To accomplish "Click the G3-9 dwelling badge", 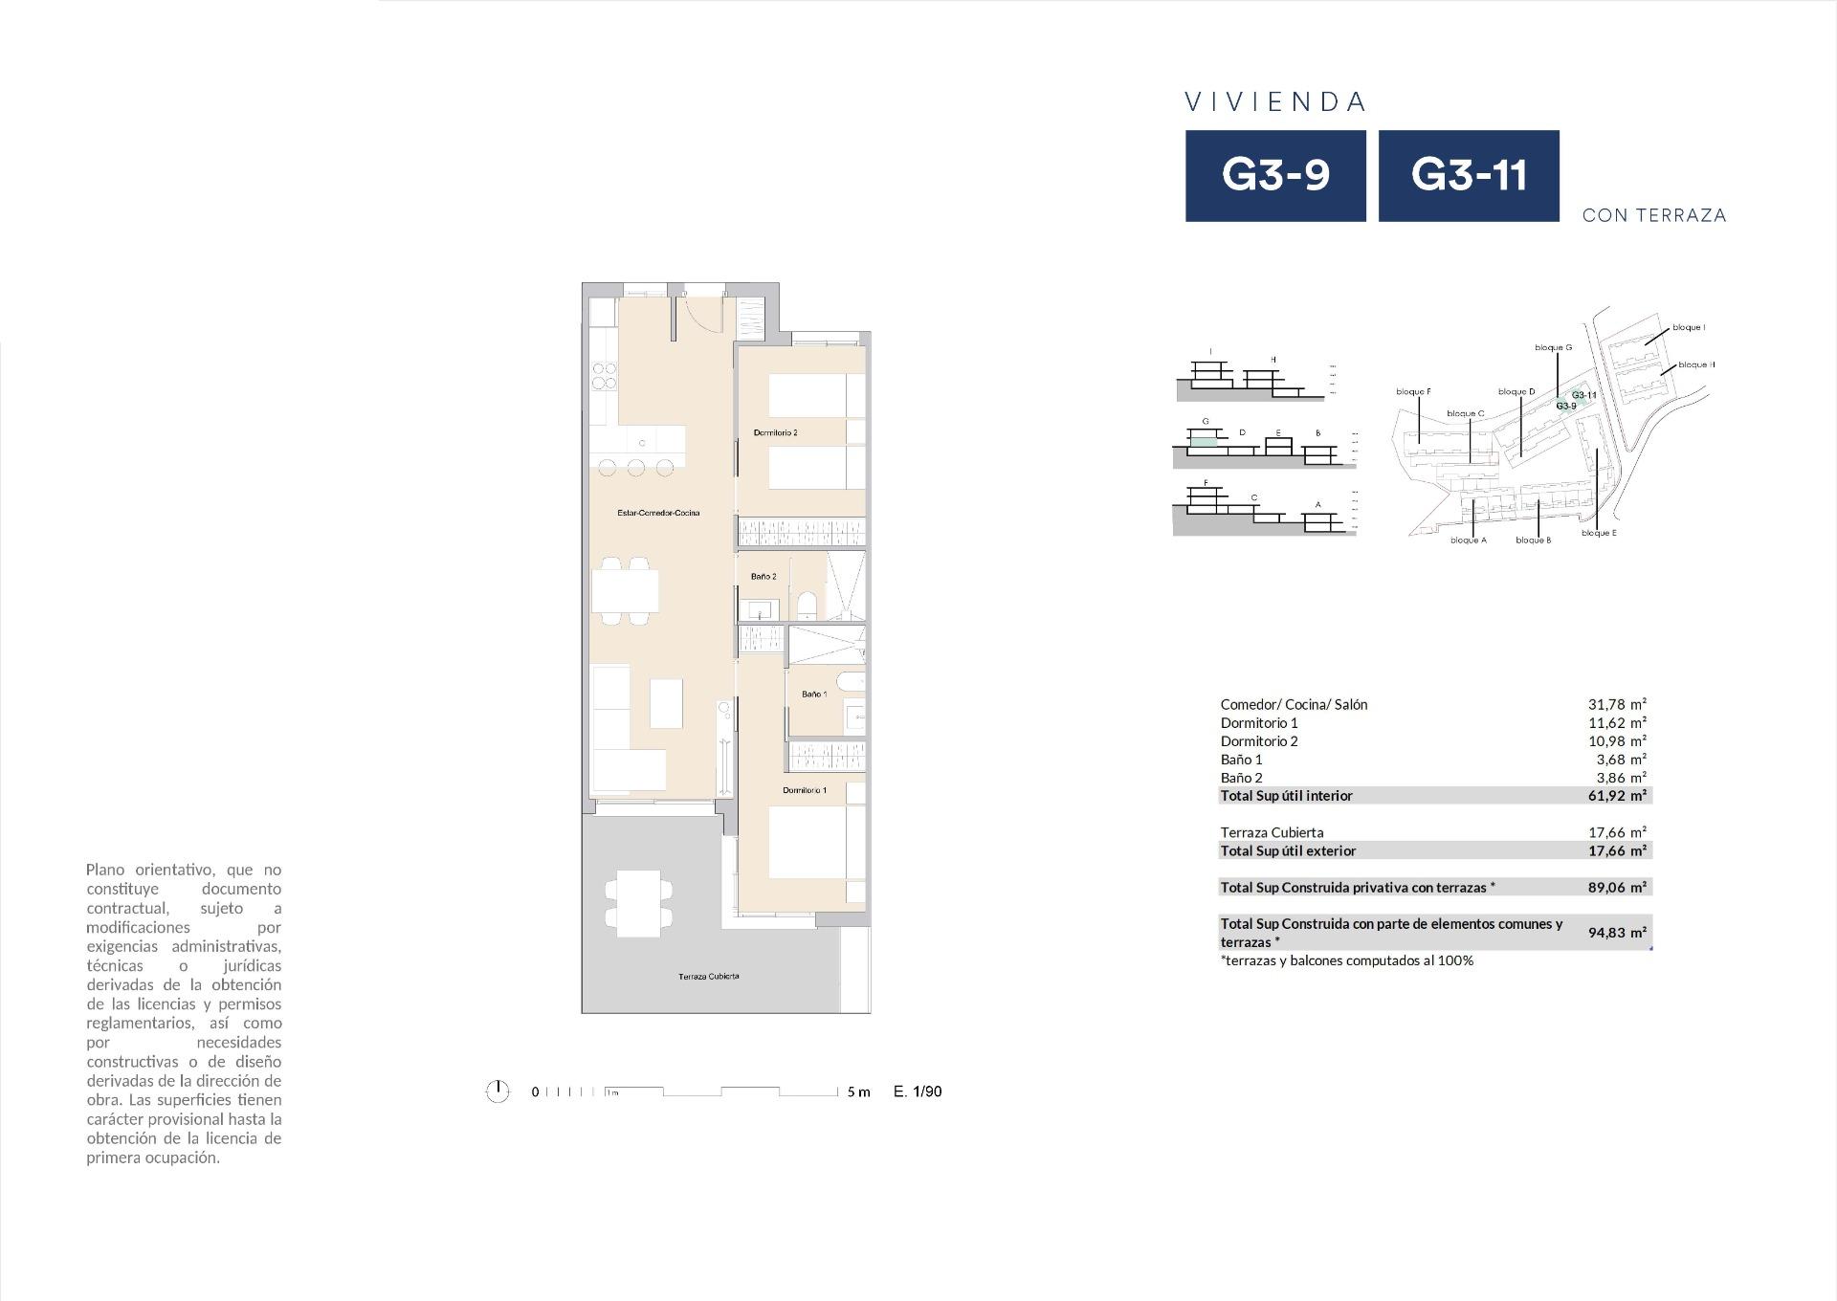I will point(1275,176).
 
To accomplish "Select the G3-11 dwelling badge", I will point(1469,176).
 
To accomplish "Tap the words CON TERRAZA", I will point(1654,215).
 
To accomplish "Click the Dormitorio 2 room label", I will point(775,432).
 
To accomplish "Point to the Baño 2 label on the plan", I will point(764,577).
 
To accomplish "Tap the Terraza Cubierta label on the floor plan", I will point(708,977).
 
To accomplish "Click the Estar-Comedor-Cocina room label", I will point(658,514).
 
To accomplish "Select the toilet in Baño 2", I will point(807,606).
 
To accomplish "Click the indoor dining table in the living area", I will point(625,590).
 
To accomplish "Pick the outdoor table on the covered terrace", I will point(638,899).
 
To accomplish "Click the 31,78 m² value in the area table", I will point(1617,705).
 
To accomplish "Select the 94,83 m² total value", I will point(1617,933).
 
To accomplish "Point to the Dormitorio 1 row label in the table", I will point(1259,723).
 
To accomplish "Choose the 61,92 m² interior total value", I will point(1617,796).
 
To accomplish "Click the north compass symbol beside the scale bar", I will point(498,1092).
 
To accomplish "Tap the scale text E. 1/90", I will point(918,1092).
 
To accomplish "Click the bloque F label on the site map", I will point(1413,391).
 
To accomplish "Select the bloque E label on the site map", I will point(1599,533).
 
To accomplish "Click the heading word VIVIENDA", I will point(1275,102).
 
